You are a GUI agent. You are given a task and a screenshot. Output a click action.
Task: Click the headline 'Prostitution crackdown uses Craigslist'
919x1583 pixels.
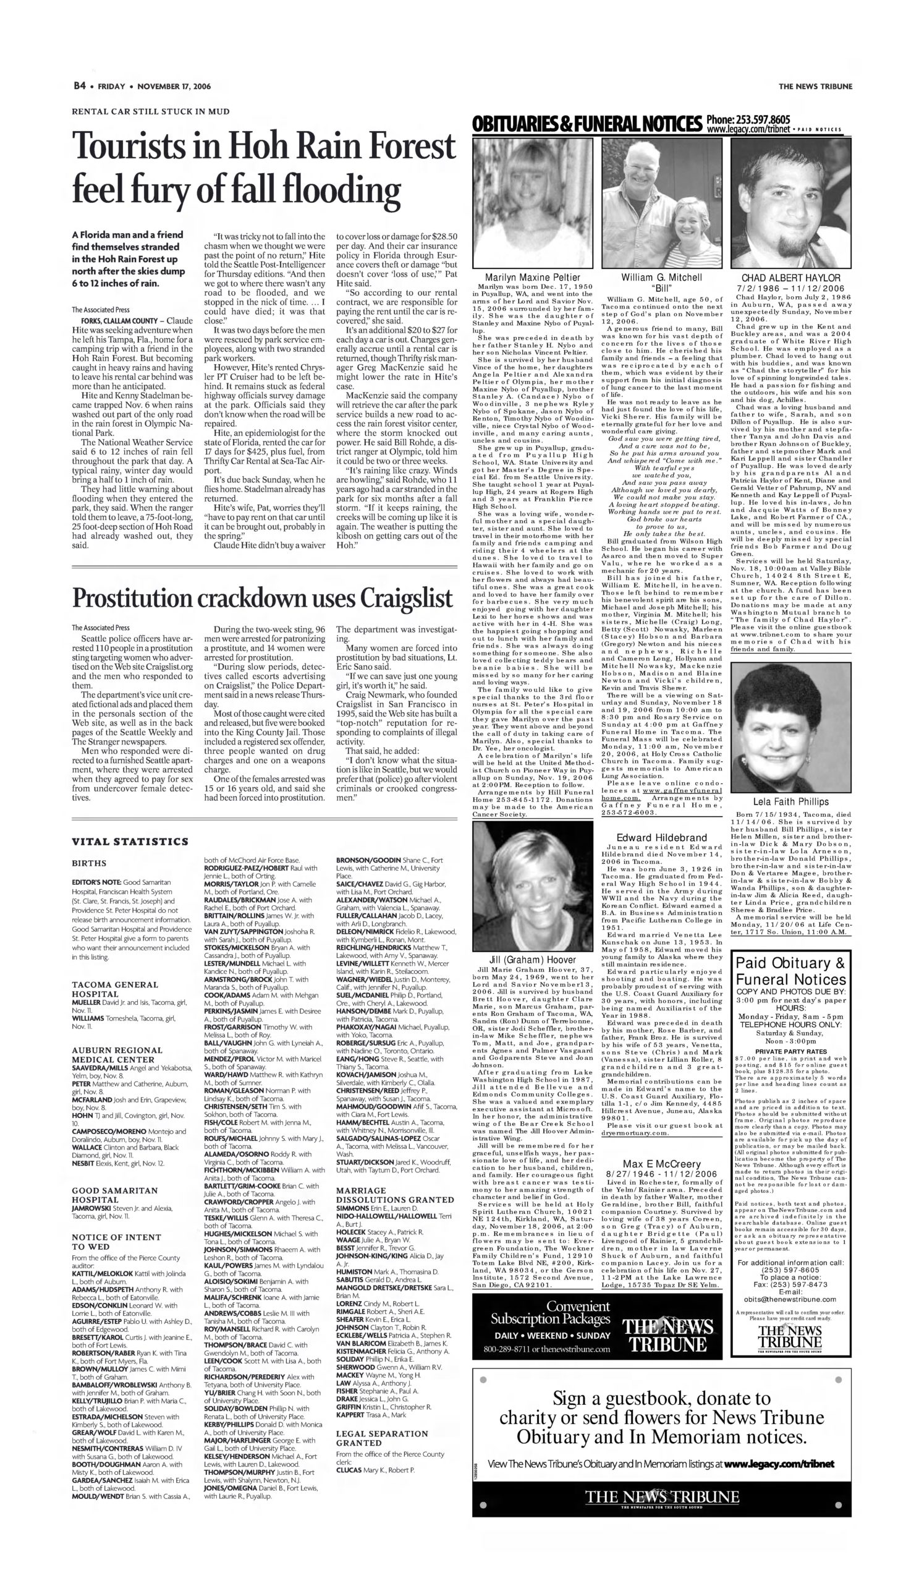coord(262,598)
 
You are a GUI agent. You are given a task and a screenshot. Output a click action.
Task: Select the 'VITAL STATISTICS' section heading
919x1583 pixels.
coord(130,841)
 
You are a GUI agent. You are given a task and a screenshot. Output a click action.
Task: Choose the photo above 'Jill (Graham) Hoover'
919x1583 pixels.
coord(532,887)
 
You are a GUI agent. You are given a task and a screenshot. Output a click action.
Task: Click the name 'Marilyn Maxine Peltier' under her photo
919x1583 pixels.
coord(532,277)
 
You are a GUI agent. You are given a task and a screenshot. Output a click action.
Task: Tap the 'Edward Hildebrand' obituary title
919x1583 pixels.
coord(661,837)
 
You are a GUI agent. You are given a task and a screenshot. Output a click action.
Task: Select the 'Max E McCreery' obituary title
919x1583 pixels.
coord(661,1164)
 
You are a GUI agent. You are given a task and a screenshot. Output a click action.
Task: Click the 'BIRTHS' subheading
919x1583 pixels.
coord(89,863)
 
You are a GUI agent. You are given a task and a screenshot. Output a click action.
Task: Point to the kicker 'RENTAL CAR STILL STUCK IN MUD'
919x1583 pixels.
coord(151,111)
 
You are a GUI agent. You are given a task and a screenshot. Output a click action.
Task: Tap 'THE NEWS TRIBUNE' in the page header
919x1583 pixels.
coord(815,87)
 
